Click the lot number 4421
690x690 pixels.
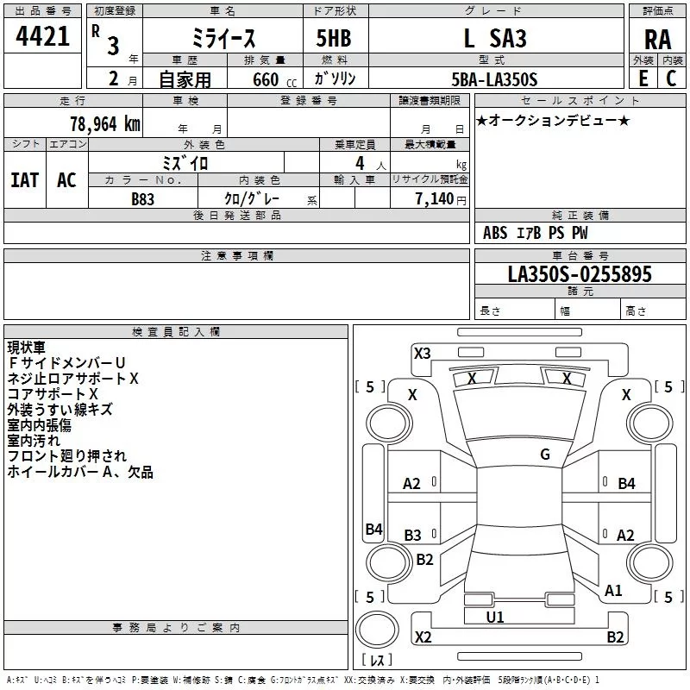coord(43,39)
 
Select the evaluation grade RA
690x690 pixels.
coord(657,39)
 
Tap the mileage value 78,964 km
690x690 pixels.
coord(103,123)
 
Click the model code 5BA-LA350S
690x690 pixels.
coord(494,78)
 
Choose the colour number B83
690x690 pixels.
coord(143,198)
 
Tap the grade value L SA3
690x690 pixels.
coord(494,39)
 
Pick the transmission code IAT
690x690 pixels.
coord(24,180)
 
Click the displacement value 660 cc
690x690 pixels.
coord(264,79)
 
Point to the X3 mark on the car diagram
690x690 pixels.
coord(423,353)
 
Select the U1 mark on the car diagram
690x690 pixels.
coord(495,618)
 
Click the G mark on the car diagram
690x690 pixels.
coord(545,455)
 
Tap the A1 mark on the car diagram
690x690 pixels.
coord(613,591)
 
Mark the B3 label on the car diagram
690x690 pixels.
coord(413,536)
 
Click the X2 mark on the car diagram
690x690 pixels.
coord(423,637)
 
